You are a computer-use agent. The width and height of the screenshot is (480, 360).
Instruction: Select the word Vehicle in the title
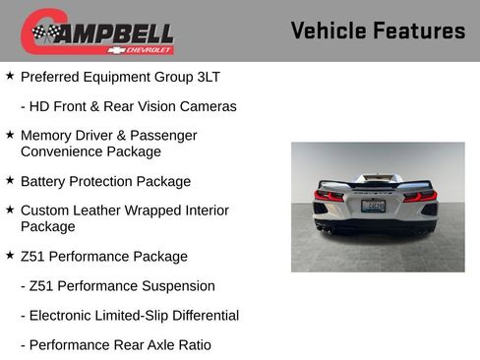click(x=327, y=30)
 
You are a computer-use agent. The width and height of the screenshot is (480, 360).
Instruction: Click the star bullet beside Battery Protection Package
click(x=10, y=180)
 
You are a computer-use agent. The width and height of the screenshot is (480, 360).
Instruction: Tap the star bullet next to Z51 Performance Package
click(x=10, y=255)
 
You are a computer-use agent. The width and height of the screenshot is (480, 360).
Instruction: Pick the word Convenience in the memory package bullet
click(x=62, y=151)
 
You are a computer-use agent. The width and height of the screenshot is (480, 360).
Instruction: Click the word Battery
click(x=44, y=181)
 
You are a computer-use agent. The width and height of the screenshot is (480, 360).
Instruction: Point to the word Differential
click(x=201, y=316)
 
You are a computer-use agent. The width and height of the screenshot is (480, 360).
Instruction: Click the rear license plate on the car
click(x=375, y=207)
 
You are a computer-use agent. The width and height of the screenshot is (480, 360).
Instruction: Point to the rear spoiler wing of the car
click(x=375, y=183)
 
